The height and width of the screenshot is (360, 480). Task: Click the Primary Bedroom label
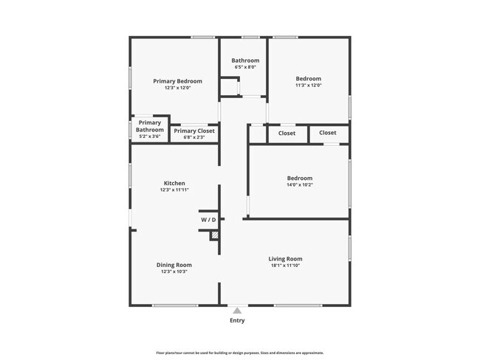(x=177, y=81)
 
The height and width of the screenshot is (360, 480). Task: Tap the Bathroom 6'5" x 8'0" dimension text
(x=245, y=67)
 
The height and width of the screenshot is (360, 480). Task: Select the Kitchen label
(x=174, y=183)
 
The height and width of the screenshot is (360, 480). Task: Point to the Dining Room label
(x=174, y=265)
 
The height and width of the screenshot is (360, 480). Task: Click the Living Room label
(x=285, y=259)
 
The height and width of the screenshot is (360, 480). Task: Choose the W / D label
(x=208, y=220)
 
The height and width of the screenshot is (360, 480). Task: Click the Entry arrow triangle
(x=237, y=311)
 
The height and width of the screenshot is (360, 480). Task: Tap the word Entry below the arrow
(x=237, y=320)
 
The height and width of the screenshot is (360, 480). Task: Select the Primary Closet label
(x=194, y=131)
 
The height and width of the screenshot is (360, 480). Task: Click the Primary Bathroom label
(x=149, y=126)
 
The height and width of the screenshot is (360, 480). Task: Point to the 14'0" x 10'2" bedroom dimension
(x=299, y=184)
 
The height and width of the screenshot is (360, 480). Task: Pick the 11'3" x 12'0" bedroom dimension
(x=309, y=85)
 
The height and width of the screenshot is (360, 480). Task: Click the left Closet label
(x=287, y=133)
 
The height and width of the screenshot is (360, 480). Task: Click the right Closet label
(x=328, y=133)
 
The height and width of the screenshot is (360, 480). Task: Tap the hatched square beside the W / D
(x=215, y=235)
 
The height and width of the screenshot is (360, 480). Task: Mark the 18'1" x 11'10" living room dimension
(x=285, y=266)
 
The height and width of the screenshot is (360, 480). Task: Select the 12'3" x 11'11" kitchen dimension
(x=174, y=190)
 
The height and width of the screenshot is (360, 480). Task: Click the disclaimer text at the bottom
(x=239, y=353)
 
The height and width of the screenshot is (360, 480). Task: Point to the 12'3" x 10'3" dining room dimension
(x=174, y=271)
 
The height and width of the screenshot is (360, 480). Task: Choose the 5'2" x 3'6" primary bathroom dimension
(x=149, y=136)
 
